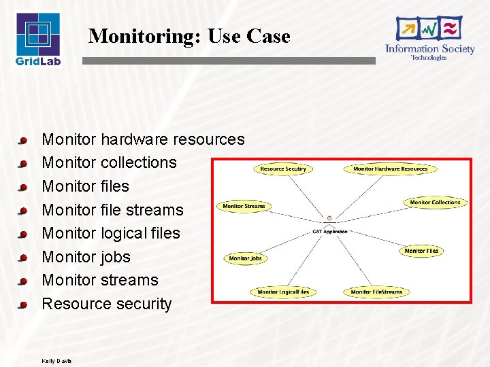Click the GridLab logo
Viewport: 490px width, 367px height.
click(x=38, y=39)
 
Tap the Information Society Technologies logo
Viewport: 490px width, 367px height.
click(x=429, y=39)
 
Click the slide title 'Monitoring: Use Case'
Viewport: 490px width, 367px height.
click(x=189, y=36)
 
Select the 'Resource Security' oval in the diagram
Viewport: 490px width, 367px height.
click(x=283, y=169)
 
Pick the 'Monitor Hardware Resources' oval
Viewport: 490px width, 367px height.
click(x=390, y=169)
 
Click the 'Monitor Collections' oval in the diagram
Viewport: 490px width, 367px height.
click(x=435, y=203)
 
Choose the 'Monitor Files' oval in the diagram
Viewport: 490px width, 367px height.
click(x=421, y=251)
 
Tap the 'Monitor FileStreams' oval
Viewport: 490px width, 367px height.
click(x=376, y=292)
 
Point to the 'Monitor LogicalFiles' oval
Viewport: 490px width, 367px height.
click(x=283, y=292)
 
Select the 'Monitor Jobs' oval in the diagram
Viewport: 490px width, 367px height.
click(x=245, y=258)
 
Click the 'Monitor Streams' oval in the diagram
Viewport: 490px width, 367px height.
click(x=244, y=206)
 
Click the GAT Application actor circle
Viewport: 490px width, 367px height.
click(x=329, y=218)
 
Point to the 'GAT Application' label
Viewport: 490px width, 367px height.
click(x=329, y=232)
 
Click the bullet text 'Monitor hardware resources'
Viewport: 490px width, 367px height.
click(x=143, y=139)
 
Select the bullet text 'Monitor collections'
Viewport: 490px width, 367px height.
click(x=109, y=162)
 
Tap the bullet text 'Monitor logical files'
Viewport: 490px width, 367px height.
click(x=111, y=233)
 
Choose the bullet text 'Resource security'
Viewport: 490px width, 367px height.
click(x=107, y=304)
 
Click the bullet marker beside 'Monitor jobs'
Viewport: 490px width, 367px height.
click(x=22, y=258)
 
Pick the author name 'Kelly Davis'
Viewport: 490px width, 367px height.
click(x=56, y=360)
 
